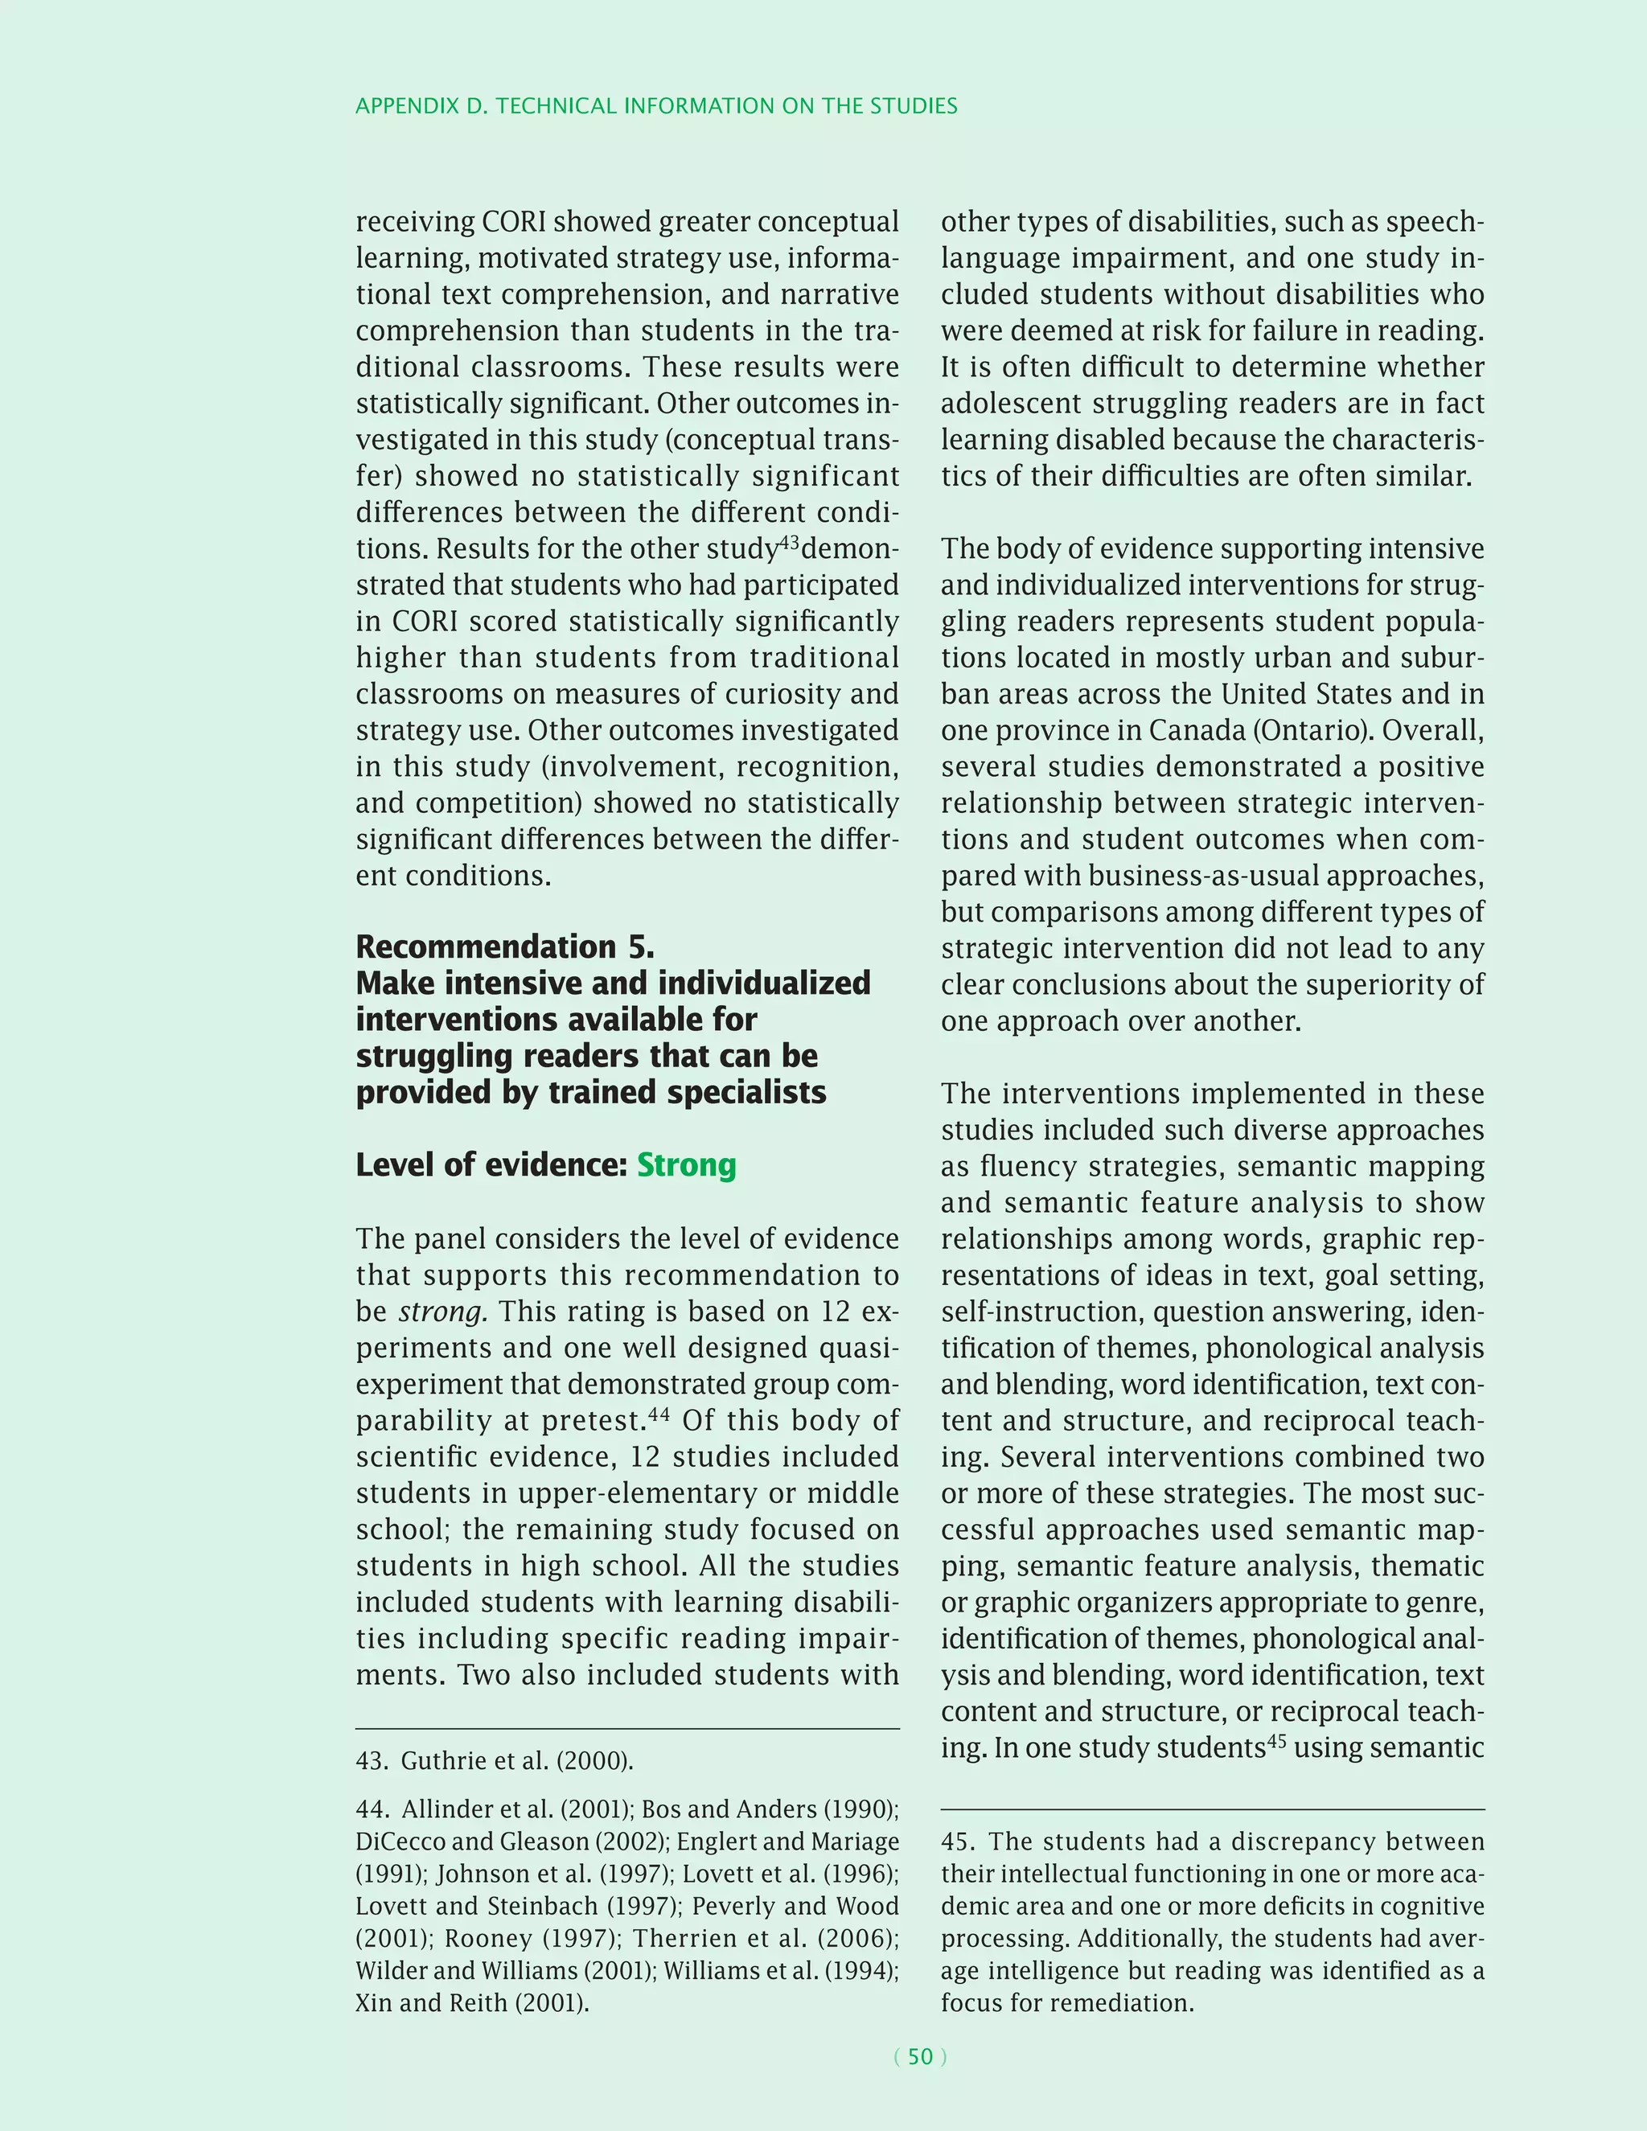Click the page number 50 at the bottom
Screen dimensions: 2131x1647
920,2056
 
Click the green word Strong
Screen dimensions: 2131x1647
686,1165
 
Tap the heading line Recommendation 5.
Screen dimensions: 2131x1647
504,946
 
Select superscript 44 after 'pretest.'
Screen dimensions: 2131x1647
659,1414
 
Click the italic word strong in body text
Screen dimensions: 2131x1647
442,1312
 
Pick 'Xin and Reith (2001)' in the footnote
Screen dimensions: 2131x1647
471,2002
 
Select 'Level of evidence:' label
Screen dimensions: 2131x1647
491,1165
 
